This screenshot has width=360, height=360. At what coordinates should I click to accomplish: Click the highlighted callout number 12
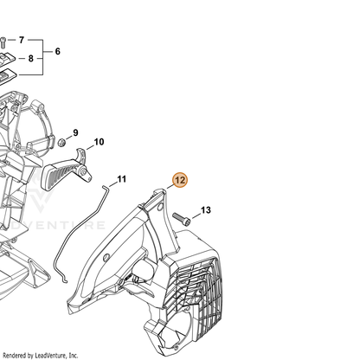180,180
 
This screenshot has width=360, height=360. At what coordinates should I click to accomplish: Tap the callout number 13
206,210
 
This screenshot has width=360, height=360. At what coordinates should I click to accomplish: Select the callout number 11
122,179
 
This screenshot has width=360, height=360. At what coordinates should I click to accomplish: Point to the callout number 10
99,142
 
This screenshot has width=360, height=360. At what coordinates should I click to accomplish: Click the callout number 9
75,132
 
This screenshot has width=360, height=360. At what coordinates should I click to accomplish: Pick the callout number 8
31,59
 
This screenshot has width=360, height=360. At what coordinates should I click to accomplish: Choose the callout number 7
22,40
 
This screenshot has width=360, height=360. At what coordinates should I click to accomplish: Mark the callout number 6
58,51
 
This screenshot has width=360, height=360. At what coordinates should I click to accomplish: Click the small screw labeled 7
3,42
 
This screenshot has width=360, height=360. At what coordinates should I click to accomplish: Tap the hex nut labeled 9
61,142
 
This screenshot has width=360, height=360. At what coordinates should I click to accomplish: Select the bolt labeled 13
182,219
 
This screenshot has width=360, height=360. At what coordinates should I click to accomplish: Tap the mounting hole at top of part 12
160,207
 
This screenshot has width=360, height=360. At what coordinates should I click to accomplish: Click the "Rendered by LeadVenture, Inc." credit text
40,355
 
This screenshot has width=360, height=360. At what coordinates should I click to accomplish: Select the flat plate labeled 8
6,59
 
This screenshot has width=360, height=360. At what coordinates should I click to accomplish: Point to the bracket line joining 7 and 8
43,57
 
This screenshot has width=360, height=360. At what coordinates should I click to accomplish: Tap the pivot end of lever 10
86,174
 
